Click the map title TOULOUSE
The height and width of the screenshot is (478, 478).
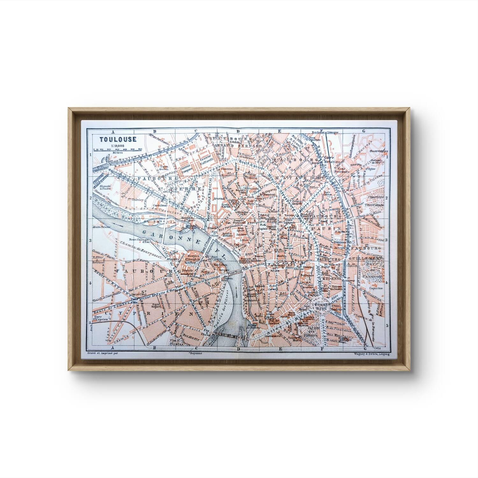click(x=118, y=139)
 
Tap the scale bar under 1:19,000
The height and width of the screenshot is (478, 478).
click(x=118, y=149)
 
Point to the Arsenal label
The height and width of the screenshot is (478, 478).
click(x=220, y=198)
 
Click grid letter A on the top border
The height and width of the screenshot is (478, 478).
click(x=112, y=131)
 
